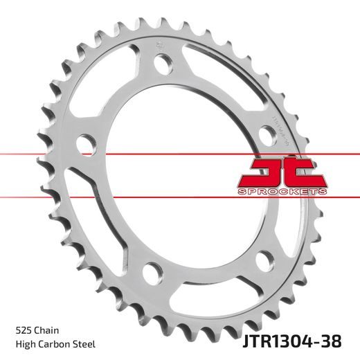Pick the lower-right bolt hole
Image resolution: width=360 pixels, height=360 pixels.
click(262, 262)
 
